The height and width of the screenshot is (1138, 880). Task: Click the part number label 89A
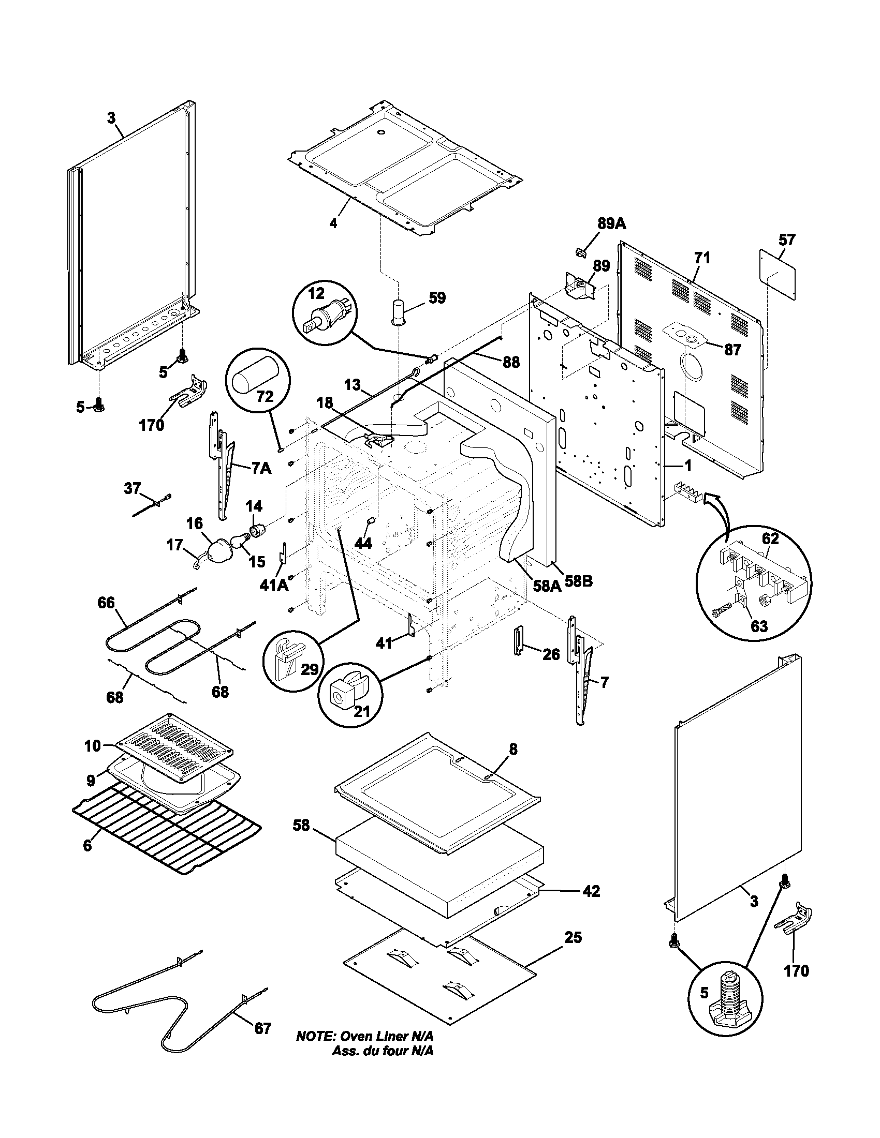pyautogui.click(x=611, y=224)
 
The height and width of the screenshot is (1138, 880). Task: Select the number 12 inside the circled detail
pyautogui.click(x=315, y=293)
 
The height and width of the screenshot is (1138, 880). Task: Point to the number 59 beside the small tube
pyautogui.click(x=437, y=298)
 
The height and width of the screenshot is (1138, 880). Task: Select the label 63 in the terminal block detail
pyautogui.click(x=758, y=626)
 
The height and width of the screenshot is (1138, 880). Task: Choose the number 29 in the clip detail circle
pyautogui.click(x=310, y=669)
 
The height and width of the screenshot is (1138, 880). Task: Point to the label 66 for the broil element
pyautogui.click(x=106, y=603)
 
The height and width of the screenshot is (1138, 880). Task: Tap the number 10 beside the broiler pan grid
pyautogui.click(x=93, y=746)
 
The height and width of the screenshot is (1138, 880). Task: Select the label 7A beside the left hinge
pyautogui.click(x=261, y=469)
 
